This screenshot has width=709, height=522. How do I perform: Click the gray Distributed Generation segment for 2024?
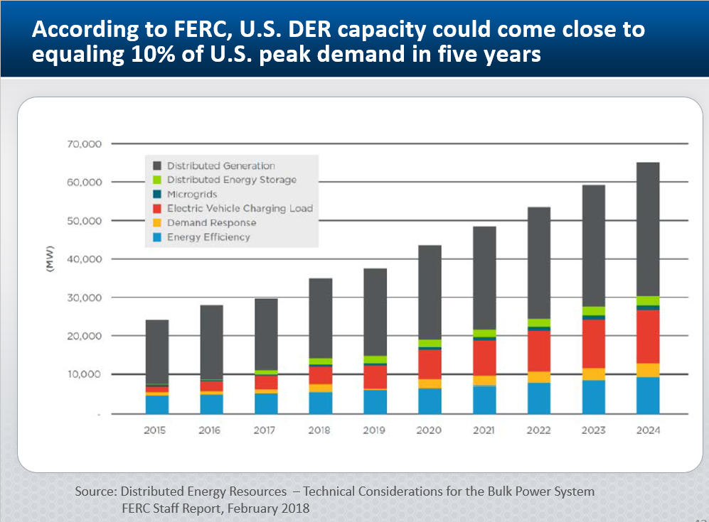[x=648, y=229]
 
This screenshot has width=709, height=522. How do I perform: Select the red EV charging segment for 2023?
[x=593, y=344]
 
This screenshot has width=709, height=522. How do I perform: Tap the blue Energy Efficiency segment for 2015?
[x=156, y=404]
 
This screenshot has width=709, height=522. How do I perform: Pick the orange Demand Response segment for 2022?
[x=538, y=376]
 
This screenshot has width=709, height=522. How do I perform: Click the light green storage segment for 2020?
[x=430, y=343]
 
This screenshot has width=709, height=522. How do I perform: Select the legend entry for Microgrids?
[x=192, y=194]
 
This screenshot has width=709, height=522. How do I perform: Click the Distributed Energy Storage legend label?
[x=231, y=180]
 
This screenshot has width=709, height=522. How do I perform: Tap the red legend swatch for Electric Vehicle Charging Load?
[x=156, y=209]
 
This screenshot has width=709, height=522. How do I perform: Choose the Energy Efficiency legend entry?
[x=208, y=237]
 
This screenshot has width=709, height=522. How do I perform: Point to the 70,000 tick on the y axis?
[x=87, y=144]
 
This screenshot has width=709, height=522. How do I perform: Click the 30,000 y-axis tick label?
[x=87, y=298]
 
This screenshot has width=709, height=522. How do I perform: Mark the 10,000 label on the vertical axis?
[x=87, y=374]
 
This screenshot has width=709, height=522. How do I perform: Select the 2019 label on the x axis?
[x=375, y=430]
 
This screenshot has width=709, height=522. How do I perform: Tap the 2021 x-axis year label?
[x=484, y=430]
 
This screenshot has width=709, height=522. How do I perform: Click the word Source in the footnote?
[x=95, y=491]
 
